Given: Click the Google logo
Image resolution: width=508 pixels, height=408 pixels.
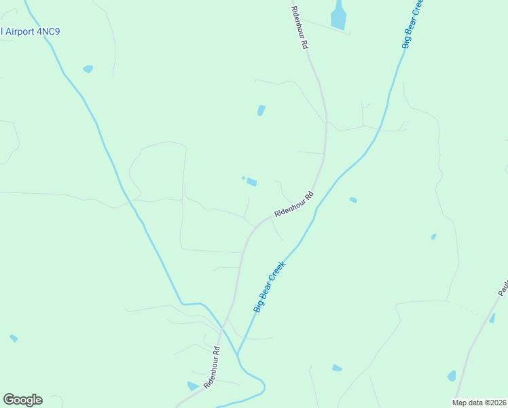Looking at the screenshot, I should point(22,400).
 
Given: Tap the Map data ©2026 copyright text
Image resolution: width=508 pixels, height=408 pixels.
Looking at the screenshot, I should point(479,403).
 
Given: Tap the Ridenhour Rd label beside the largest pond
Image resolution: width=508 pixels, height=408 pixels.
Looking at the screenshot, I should point(300,27).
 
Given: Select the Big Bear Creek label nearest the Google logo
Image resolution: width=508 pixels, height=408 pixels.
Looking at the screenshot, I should point(270,288).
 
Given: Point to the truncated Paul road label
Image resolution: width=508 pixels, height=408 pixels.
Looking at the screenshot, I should point(503,286).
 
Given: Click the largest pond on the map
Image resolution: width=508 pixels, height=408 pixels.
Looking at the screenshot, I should point(338,15).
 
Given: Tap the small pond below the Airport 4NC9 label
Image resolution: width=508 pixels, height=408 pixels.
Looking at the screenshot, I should point(88,69).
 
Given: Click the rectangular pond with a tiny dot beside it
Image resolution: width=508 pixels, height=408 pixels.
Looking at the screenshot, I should point(252,182).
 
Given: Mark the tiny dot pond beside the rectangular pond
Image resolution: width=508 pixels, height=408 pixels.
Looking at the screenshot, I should point(243,178).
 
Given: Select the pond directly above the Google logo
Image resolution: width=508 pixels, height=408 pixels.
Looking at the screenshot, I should point(14,338).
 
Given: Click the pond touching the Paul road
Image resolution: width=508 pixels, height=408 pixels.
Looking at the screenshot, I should point(492,318).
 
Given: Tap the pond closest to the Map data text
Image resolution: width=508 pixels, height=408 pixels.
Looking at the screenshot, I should point(452,375).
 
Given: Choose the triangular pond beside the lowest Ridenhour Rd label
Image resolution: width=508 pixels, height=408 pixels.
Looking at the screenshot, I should point(192,386).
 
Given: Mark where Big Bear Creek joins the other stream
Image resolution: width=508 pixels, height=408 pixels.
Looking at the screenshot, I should point(238,355).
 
